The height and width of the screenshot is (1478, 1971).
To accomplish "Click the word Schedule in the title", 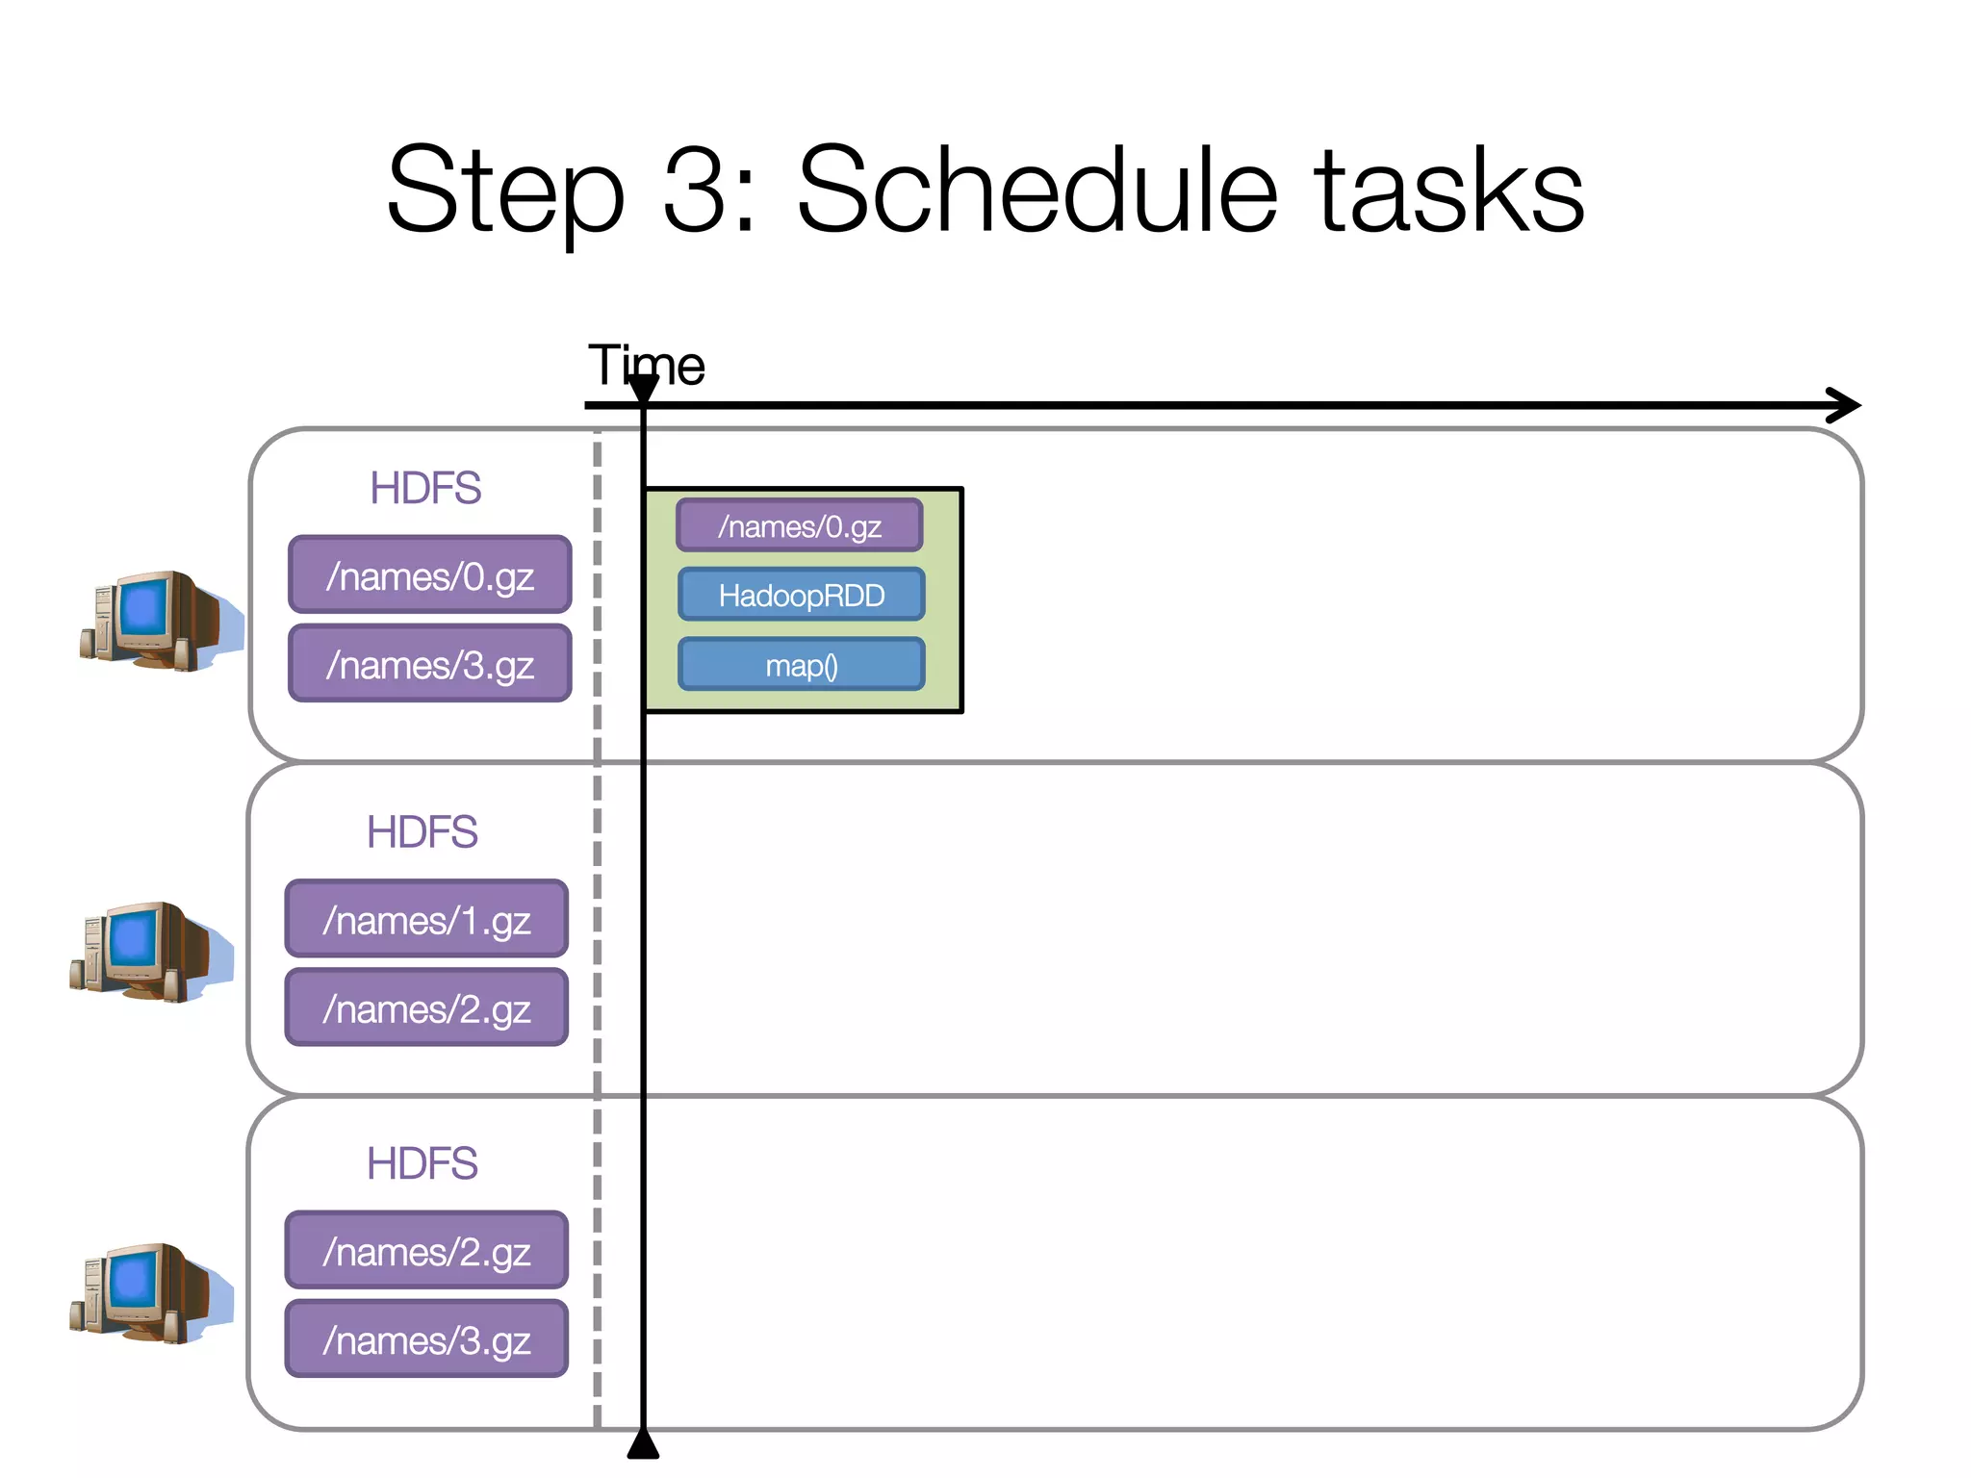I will [1037, 190].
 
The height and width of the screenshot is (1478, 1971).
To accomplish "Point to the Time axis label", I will [646, 365].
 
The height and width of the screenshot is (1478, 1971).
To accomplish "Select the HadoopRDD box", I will [801, 595].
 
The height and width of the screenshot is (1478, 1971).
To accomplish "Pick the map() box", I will [801, 665].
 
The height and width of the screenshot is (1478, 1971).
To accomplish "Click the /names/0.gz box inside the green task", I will [799, 525].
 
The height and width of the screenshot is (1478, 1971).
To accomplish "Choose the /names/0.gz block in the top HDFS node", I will [429, 575].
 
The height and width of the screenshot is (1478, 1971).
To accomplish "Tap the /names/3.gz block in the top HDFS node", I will [429, 664].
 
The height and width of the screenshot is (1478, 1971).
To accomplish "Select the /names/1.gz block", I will [426, 919].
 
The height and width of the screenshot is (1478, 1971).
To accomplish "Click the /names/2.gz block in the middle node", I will [426, 1007].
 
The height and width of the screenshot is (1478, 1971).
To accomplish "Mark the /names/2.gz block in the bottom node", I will [426, 1250].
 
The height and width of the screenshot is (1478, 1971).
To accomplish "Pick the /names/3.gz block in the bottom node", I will [426, 1338].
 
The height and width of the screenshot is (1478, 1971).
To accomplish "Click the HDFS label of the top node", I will [425, 488].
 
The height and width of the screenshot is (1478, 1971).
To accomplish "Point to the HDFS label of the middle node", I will [422, 831].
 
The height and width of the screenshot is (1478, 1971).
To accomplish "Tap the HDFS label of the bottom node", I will [422, 1162].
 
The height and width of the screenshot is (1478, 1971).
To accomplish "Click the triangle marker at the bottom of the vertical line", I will [643, 1445].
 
